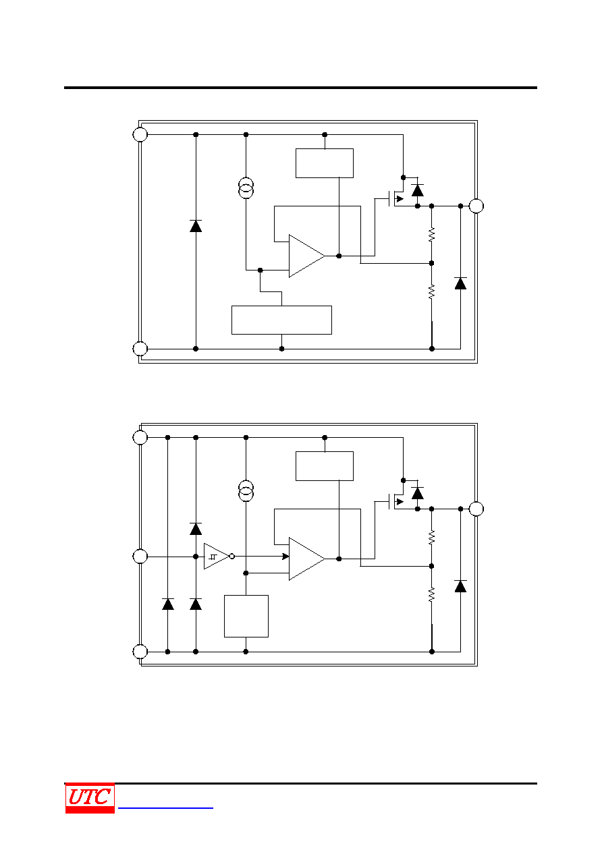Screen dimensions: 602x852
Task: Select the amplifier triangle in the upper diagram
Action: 306,256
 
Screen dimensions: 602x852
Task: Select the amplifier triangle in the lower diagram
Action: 306,559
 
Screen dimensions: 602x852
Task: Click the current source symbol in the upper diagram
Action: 246,188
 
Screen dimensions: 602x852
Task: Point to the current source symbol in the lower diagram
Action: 246,490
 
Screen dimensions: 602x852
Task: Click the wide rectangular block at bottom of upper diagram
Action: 281,320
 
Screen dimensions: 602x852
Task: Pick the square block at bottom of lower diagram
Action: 246,616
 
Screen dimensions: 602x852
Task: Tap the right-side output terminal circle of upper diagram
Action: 476,206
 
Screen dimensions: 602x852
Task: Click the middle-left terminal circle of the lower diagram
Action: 140,557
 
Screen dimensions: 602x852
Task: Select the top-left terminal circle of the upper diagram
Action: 140,134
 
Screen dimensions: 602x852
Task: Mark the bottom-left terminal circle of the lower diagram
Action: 140,652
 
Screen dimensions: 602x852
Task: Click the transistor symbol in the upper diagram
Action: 395,198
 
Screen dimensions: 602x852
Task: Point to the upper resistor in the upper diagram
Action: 431,234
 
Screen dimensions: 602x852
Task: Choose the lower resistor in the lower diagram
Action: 431,594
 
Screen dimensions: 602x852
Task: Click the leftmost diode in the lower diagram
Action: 168,604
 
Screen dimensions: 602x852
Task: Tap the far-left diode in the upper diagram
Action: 196,226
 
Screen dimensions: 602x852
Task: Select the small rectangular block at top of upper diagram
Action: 325,163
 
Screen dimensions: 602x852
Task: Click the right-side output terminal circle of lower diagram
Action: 476,509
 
